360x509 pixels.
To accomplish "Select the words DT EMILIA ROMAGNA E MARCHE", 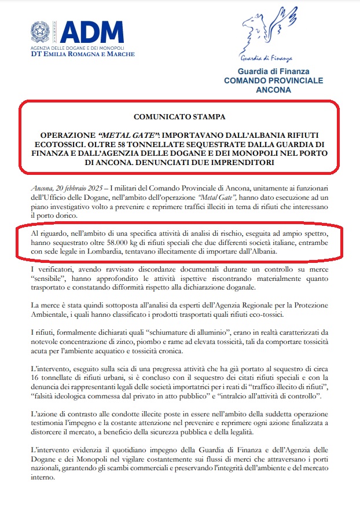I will pyautogui.click(x=83, y=54).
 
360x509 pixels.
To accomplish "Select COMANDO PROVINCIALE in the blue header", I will pyautogui.click(x=273, y=81).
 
